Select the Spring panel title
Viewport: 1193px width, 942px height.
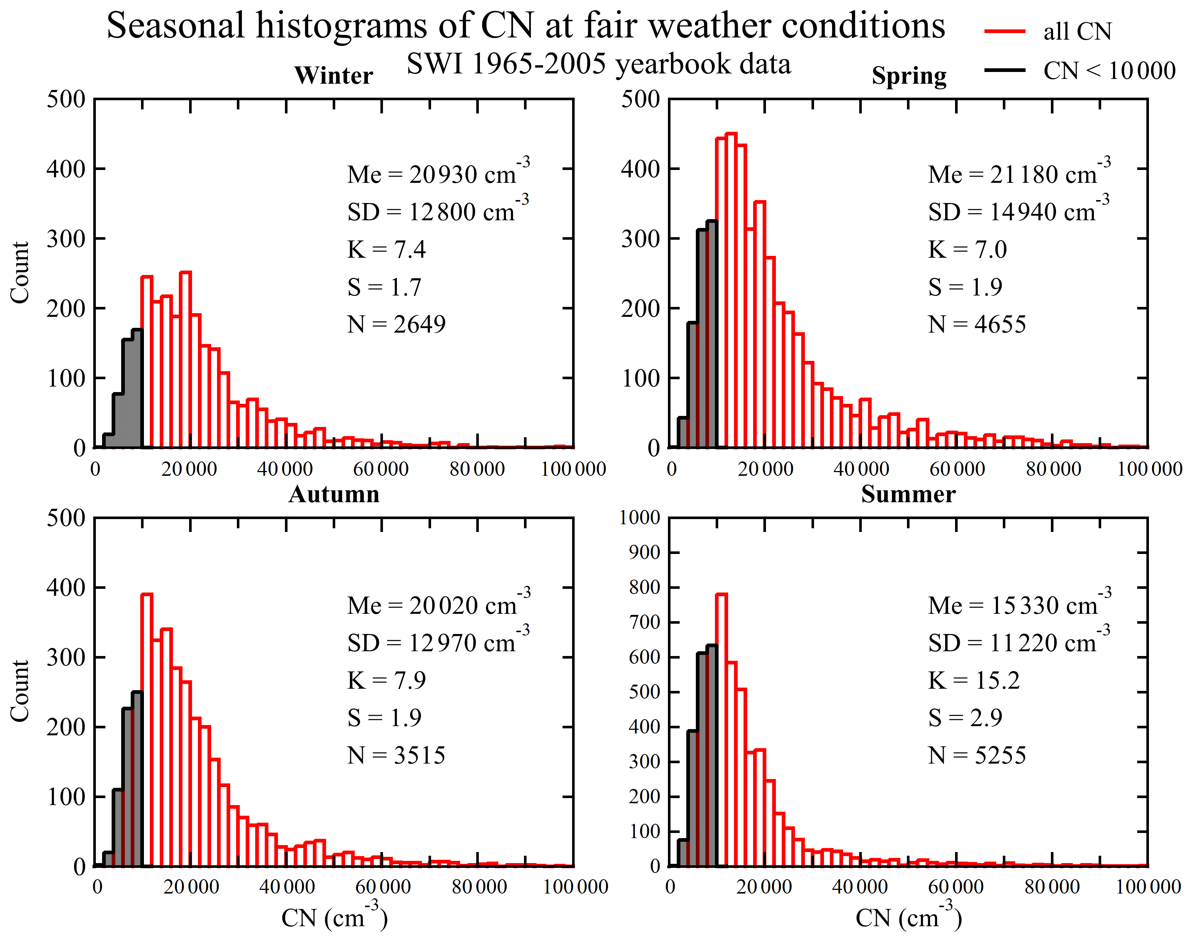click(x=909, y=76)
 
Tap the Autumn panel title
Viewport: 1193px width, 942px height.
click(x=334, y=494)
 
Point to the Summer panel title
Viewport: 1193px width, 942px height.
click(x=908, y=494)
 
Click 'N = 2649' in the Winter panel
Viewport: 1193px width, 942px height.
click(x=396, y=324)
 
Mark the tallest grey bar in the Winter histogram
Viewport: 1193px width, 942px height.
click(x=137, y=388)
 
